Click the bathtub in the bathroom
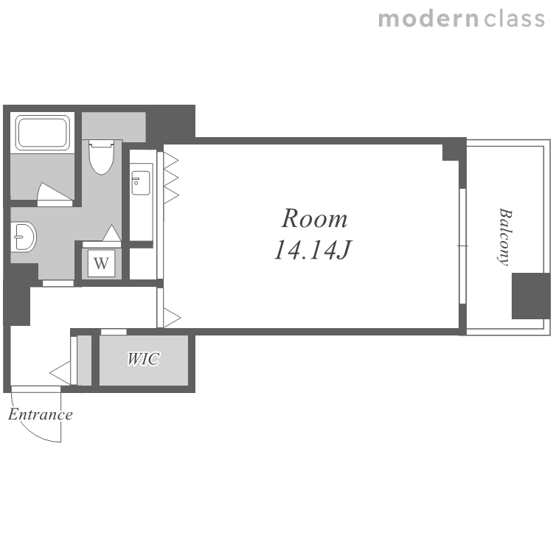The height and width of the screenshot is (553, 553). pyautogui.click(x=42, y=132)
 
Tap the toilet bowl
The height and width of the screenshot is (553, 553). pyautogui.click(x=102, y=157)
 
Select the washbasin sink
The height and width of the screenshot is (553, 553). pyautogui.click(x=23, y=237)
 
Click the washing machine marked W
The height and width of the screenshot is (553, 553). pyautogui.click(x=102, y=263)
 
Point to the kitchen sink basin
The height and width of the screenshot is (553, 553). pyautogui.click(x=140, y=183)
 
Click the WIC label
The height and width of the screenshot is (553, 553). pyautogui.click(x=144, y=359)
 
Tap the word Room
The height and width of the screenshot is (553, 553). pyautogui.click(x=314, y=219)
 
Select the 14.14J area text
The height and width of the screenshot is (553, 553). pyautogui.click(x=313, y=250)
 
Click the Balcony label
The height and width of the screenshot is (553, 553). pyautogui.click(x=505, y=237)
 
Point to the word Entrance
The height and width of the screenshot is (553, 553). pyautogui.click(x=41, y=414)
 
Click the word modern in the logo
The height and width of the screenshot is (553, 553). pyautogui.click(x=428, y=19)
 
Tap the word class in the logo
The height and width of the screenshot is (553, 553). pyautogui.click(x=515, y=19)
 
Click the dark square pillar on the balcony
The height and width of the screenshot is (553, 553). pyautogui.click(x=531, y=296)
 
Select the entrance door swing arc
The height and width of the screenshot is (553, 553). pyautogui.click(x=28, y=428)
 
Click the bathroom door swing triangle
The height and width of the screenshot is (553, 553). pyautogui.click(x=54, y=192)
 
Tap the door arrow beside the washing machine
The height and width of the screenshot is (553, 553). pyautogui.click(x=112, y=233)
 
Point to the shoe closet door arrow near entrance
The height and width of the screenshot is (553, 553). pyautogui.click(x=60, y=373)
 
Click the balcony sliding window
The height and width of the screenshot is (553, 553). pyautogui.click(x=463, y=246)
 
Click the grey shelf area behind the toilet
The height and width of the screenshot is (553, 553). pyautogui.click(x=114, y=126)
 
